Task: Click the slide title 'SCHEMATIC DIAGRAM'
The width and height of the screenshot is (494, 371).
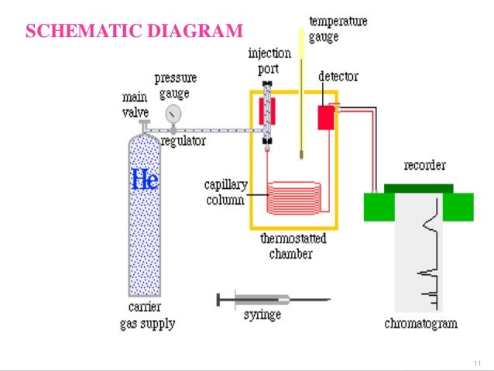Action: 134,32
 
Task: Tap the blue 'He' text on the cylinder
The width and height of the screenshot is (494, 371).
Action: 145,180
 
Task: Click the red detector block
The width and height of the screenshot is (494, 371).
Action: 326,117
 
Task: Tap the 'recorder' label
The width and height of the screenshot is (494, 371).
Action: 425,166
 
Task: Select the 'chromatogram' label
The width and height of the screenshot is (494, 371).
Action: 421,323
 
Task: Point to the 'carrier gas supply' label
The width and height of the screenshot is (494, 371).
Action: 147,317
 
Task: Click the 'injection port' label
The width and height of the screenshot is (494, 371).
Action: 269,60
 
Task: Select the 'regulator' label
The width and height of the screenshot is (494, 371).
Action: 184,141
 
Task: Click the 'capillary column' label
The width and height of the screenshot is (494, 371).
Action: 225,192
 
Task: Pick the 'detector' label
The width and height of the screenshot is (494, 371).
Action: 338,77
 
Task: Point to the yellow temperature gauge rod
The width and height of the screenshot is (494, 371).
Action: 300,93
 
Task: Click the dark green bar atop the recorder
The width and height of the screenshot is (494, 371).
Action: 418,187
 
